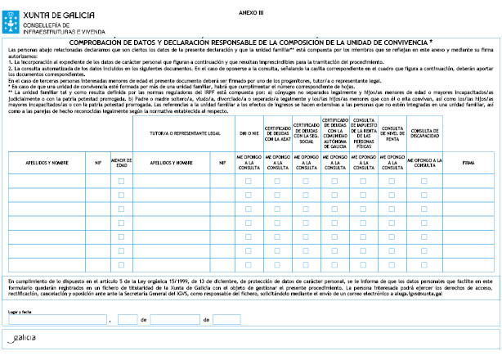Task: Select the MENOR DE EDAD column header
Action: point(121,163)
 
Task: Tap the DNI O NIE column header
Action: point(248,133)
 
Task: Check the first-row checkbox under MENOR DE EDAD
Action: point(121,181)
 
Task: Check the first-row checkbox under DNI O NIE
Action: point(248,181)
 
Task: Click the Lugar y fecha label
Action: point(20,313)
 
